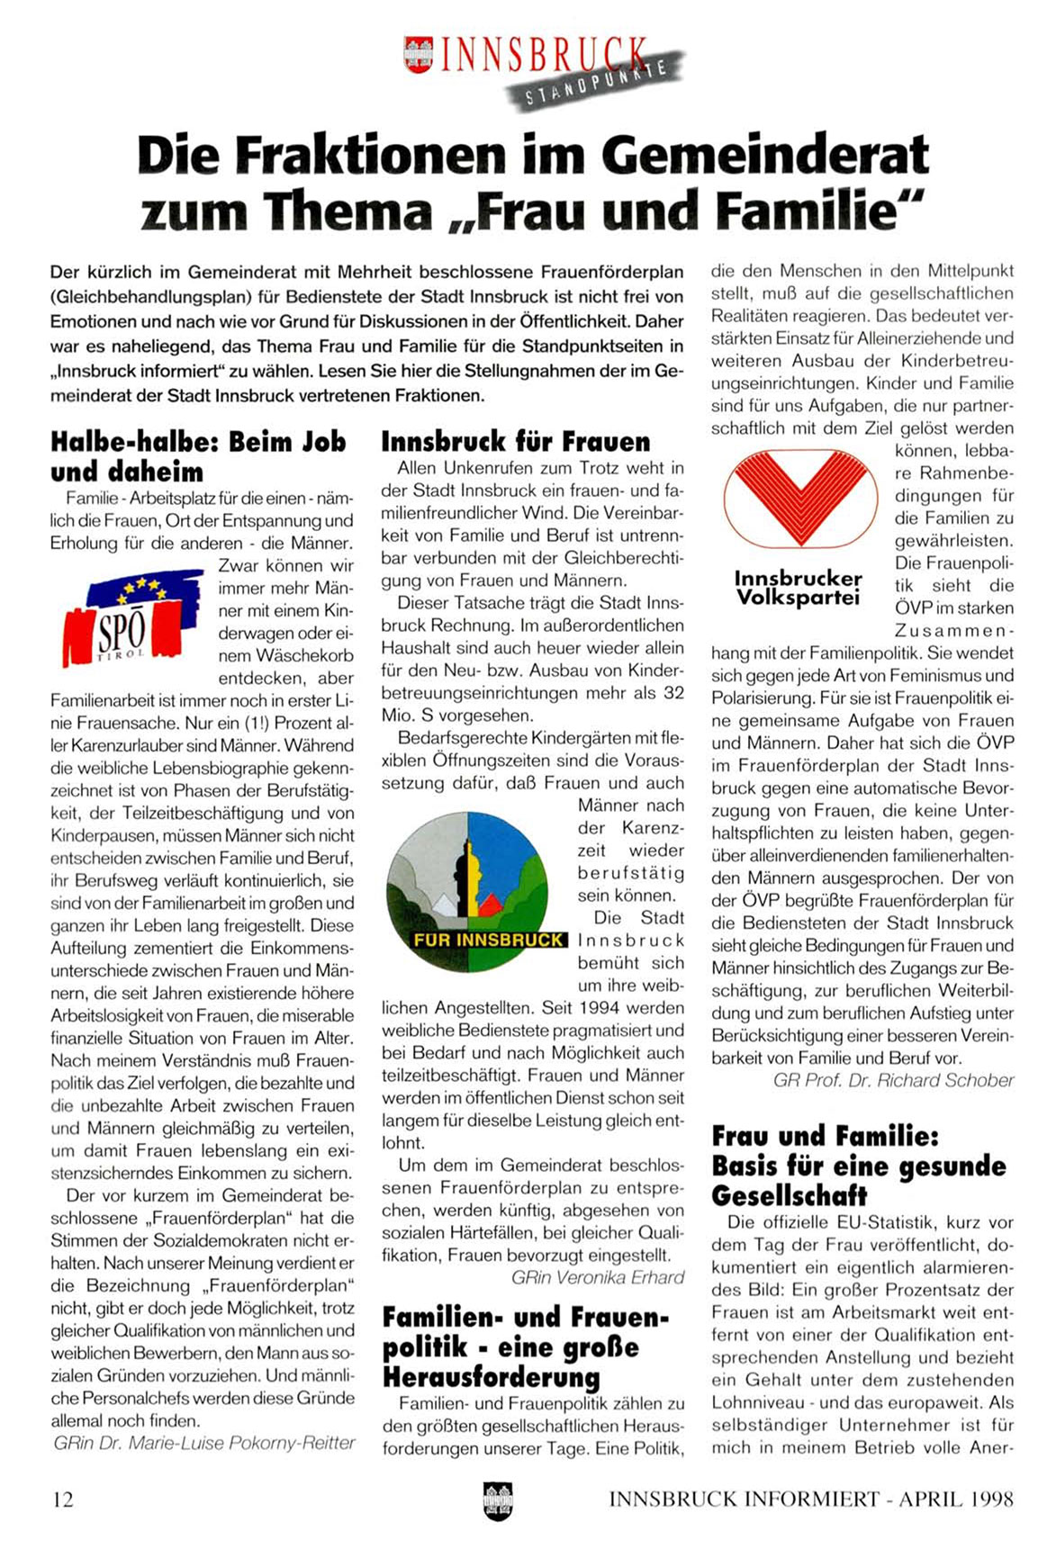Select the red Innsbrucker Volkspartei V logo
tap(800, 496)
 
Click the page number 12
tap(63, 1499)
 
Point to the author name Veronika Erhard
tap(598, 1277)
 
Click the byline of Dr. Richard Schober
tap(893, 1080)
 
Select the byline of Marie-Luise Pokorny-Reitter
tap(204, 1443)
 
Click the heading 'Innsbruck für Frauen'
tap(515, 441)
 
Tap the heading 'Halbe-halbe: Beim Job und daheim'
tap(198, 456)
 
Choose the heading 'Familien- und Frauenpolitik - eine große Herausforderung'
tap(527, 1346)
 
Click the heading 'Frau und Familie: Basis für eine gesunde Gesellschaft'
tap(859, 1166)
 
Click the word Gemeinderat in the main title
tap(764, 155)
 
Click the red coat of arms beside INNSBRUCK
tap(419, 54)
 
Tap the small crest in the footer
tap(497, 1499)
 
